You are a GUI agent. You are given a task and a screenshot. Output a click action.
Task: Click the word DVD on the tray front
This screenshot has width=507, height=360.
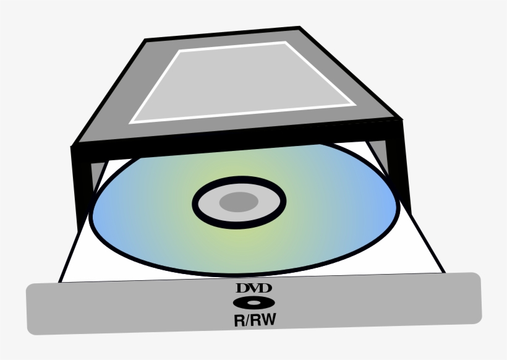tap(253, 288)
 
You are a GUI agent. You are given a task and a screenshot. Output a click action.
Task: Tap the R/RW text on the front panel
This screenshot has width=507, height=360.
tap(253, 320)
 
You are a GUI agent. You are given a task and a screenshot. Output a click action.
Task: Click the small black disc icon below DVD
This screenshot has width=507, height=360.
tap(253, 303)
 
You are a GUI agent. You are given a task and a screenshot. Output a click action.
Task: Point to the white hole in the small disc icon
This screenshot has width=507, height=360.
tap(253, 303)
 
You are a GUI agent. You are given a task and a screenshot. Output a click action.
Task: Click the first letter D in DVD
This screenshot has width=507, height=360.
tap(242, 288)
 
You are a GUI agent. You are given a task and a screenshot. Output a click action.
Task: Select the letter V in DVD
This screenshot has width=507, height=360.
tap(253, 288)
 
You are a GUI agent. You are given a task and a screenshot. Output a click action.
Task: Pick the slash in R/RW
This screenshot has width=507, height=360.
tap(248, 320)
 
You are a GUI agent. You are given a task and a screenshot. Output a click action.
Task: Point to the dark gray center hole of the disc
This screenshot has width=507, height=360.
tap(239, 202)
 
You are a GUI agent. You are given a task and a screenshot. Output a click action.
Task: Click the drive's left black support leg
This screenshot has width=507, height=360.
tap(83, 186)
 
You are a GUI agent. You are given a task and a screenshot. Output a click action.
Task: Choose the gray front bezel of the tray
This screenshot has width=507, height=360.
tap(124, 309)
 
